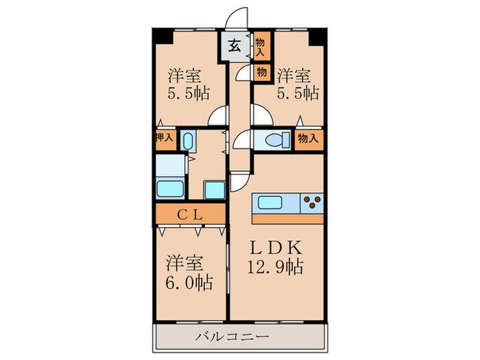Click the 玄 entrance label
[x=235, y=47]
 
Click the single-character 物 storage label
[x=261, y=71]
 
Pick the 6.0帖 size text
[x=188, y=281]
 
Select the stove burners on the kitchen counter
[x=313, y=203]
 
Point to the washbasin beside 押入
[x=189, y=140]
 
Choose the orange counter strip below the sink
[x=288, y=219]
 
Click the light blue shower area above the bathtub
[x=169, y=165]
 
